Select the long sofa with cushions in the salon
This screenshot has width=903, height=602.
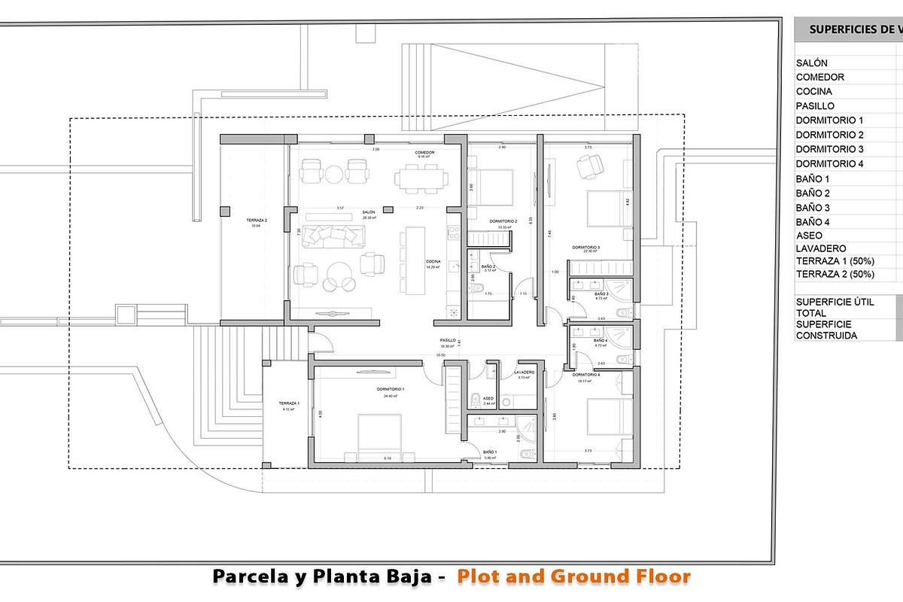click(x=332, y=236)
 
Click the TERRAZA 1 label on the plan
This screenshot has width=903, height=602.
click(x=288, y=404)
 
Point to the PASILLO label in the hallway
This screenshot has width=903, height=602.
click(x=448, y=340)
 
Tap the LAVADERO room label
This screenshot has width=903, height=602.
click(x=524, y=372)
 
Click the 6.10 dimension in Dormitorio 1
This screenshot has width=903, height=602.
click(x=387, y=458)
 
